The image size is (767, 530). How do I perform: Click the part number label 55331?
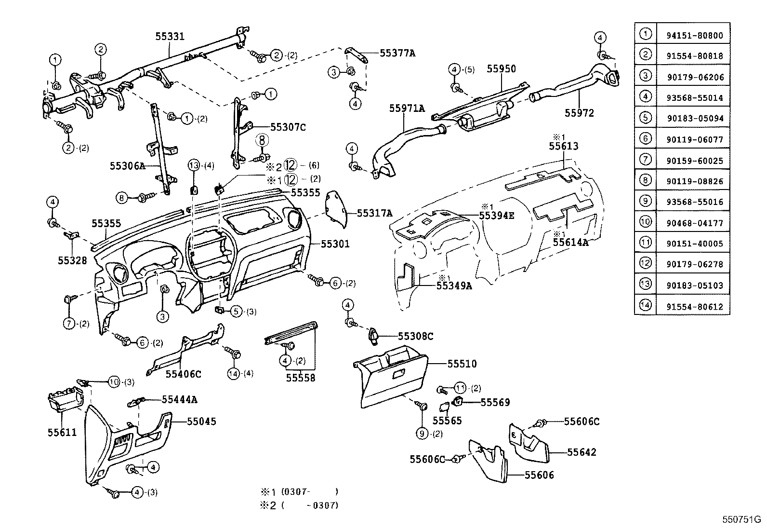(x=170, y=36)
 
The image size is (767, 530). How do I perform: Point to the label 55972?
(x=579, y=113)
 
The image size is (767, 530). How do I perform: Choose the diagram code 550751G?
(x=741, y=520)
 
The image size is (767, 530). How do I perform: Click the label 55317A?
(x=374, y=213)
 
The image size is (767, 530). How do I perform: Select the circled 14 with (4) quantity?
(x=233, y=373)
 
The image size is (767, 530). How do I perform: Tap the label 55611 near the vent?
(x=62, y=433)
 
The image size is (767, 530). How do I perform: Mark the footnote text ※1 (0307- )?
(x=299, y=492)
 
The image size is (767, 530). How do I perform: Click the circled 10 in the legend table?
(x=645, y=222)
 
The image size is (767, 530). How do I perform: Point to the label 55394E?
(x=496, y=216)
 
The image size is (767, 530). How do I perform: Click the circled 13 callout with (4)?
(x=194, y=165)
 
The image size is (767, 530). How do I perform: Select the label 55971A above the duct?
(x=407, y=109)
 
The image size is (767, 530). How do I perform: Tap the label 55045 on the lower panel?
(x=201, y=421)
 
